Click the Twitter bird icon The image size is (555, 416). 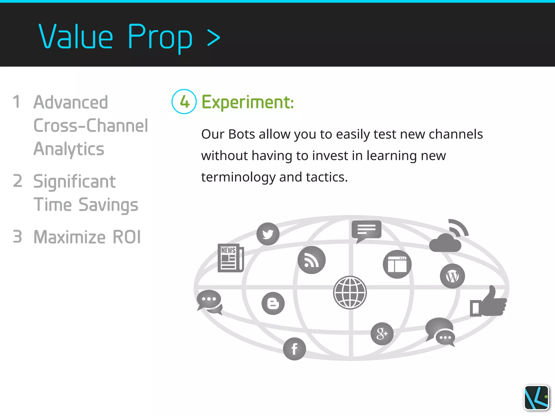pos(268,234)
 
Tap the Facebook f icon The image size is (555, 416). pos(294,349)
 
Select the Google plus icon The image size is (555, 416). pos(382,334)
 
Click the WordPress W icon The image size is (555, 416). pos(452,276)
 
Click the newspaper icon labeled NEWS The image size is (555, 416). pos(231,258)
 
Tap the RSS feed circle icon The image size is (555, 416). pos(311,260)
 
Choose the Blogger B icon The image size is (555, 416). pos(273,303)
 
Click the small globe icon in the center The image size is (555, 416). pos(350,292)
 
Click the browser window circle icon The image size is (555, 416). pos(397,264)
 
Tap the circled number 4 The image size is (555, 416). pos(184,102)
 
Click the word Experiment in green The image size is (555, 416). pos(247,102)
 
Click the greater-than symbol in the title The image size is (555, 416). pos(214,38)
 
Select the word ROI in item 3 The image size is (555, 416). pos(127,237)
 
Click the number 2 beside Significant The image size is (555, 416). pos(18,181)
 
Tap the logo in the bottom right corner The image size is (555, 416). pos(536,398)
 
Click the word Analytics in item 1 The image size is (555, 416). pos(69,149)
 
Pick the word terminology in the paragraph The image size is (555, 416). pos(238,177)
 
